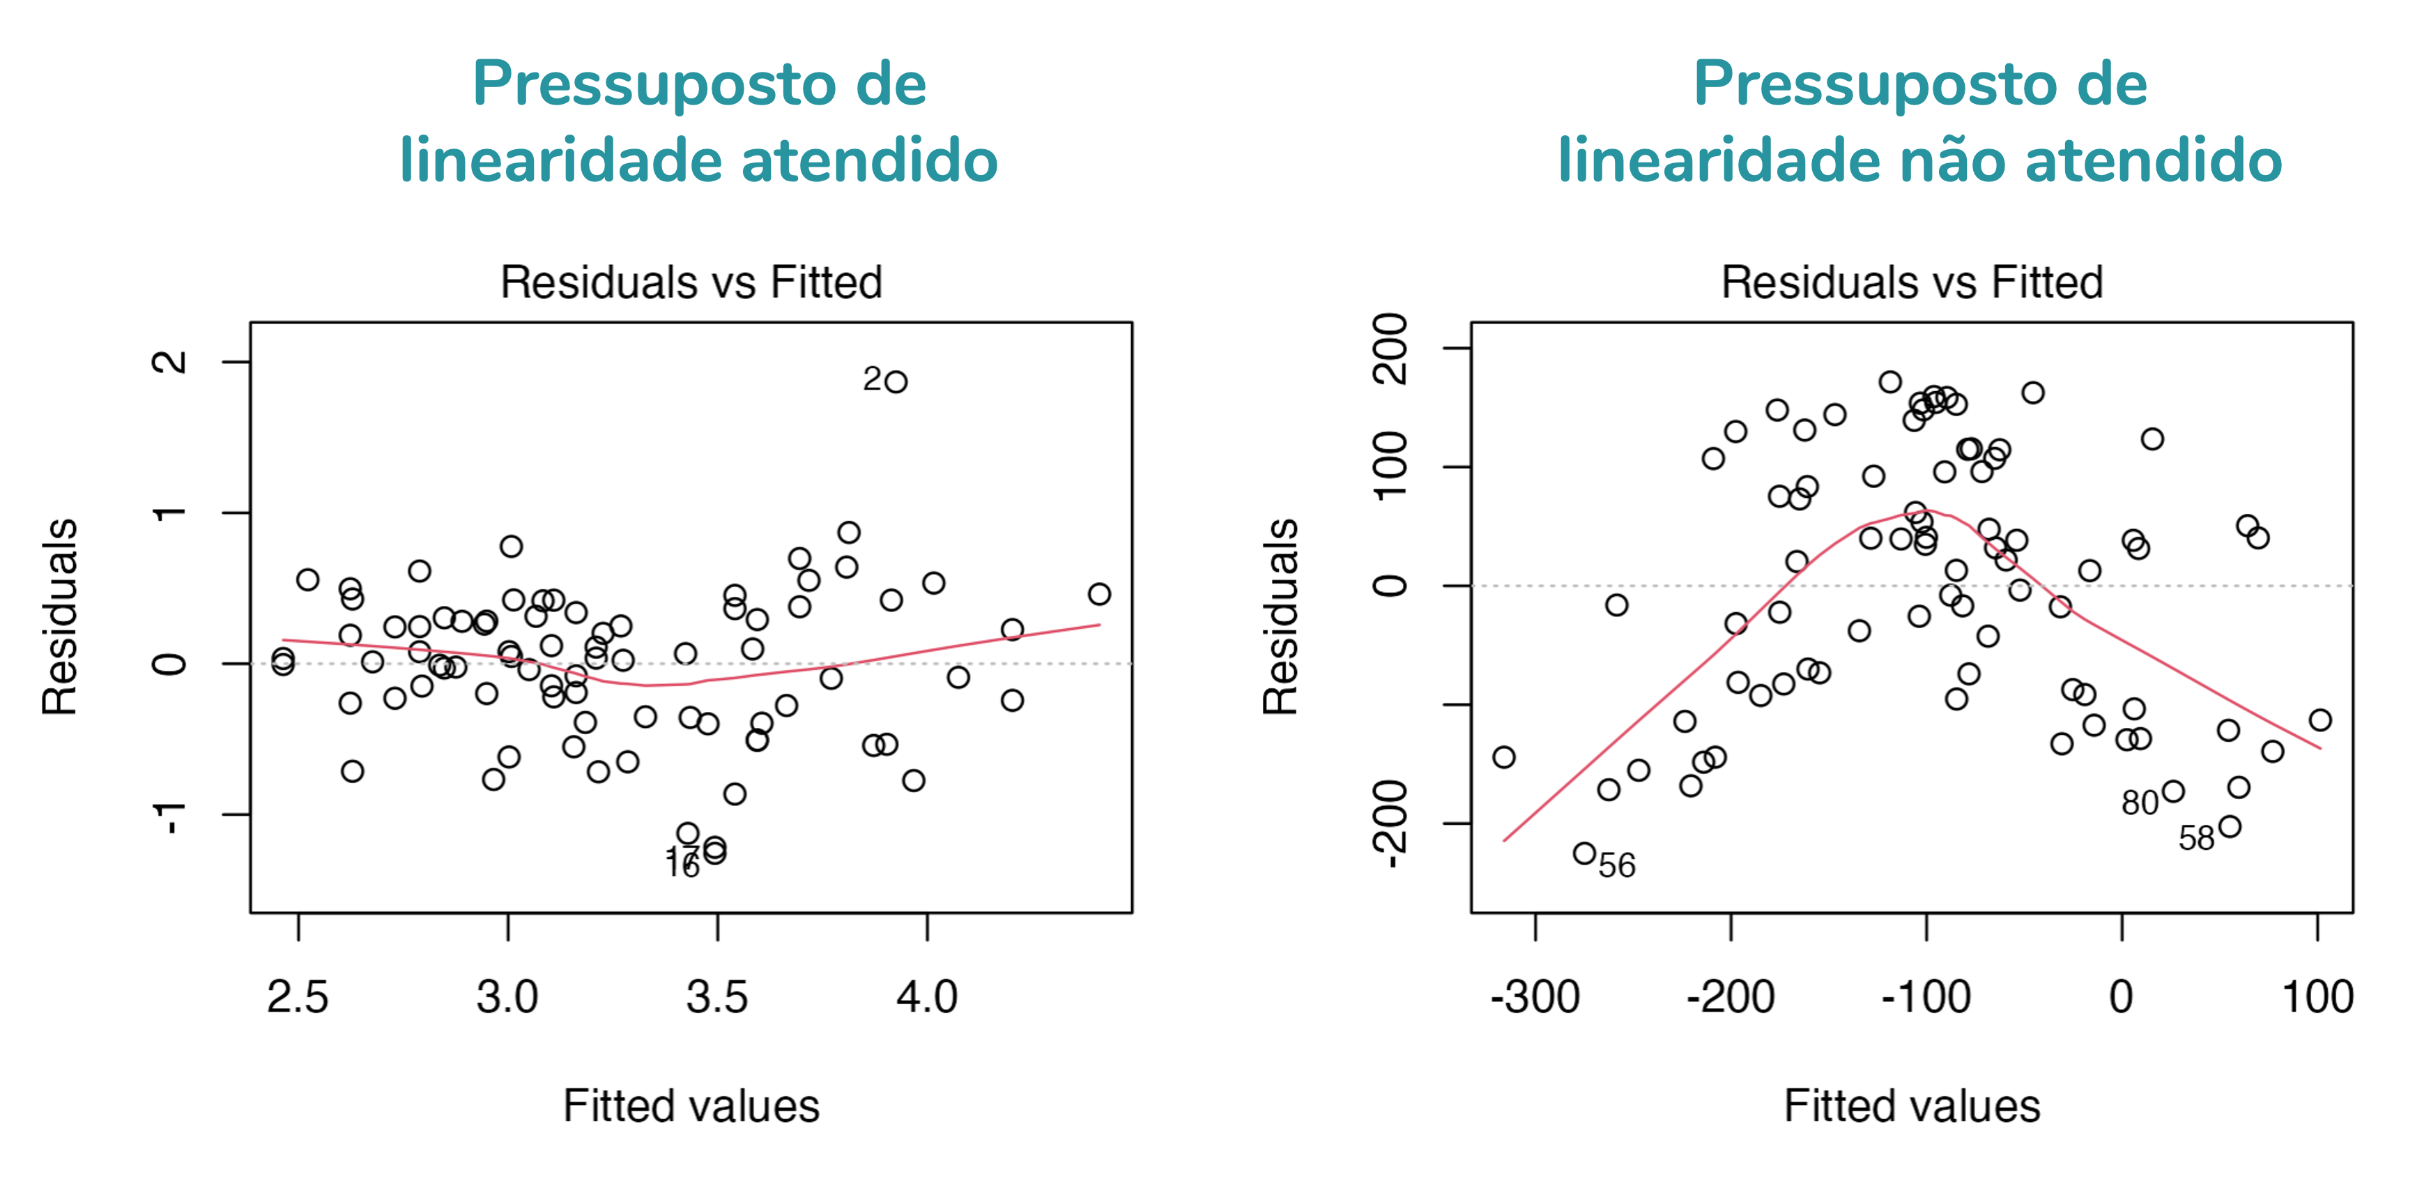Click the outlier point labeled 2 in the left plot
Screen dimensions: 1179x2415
point(896,382)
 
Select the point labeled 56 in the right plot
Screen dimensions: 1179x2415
point(1584,853)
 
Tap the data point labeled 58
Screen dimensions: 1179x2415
point(2230,826)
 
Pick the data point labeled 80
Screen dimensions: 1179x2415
point(2173,791)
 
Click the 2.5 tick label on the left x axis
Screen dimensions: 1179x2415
point(298,997)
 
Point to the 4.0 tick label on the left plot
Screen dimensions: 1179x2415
point(927,997)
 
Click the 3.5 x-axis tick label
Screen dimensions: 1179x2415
point(717,997)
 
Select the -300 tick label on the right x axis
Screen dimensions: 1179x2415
point(1535,997)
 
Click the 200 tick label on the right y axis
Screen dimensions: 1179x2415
point(1390,349)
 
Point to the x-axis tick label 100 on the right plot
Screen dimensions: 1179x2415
point(2317,997)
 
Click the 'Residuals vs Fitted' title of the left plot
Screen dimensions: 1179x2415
point(692,282)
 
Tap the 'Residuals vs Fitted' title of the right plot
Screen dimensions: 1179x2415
point(1912,282)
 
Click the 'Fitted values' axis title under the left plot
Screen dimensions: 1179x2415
point(692,1106)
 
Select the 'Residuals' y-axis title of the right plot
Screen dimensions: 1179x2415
point(1280,617)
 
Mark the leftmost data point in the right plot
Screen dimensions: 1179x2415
point(1504,757)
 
